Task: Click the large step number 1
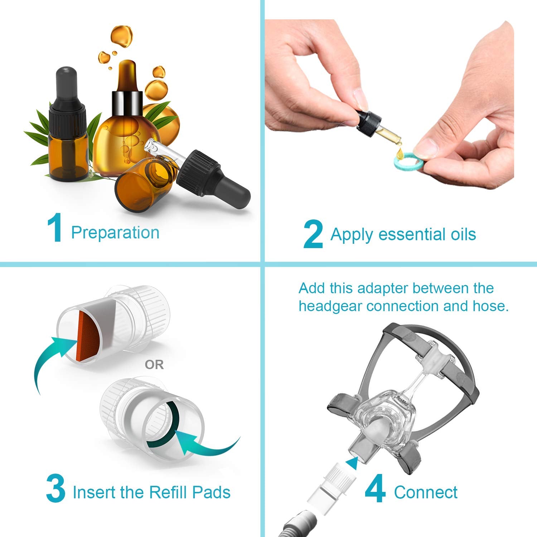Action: [55, 228]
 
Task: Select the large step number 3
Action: [56, 489]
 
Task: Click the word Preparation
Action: [115, 233]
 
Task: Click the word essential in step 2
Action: [407, 234]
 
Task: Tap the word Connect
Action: [426, 492]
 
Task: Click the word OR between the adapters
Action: [154, 365]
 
